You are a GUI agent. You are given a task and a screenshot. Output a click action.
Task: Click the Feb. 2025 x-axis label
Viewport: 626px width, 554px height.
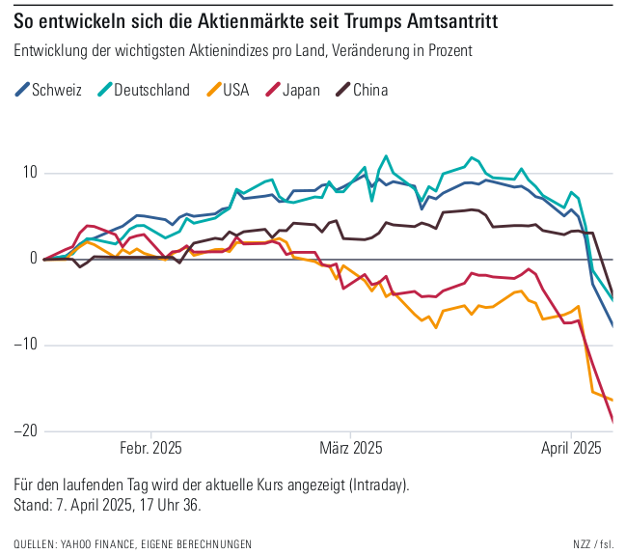coord(150,449)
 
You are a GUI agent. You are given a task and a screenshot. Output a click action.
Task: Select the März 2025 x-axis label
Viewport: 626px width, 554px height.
coord(351,449)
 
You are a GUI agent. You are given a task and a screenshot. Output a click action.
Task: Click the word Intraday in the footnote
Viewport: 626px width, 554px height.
coord(379,484)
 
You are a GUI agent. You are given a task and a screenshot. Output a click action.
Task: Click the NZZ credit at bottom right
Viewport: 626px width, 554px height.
coord(583,544)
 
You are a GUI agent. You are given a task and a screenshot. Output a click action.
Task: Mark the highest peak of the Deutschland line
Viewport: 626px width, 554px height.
coord(387,155)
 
